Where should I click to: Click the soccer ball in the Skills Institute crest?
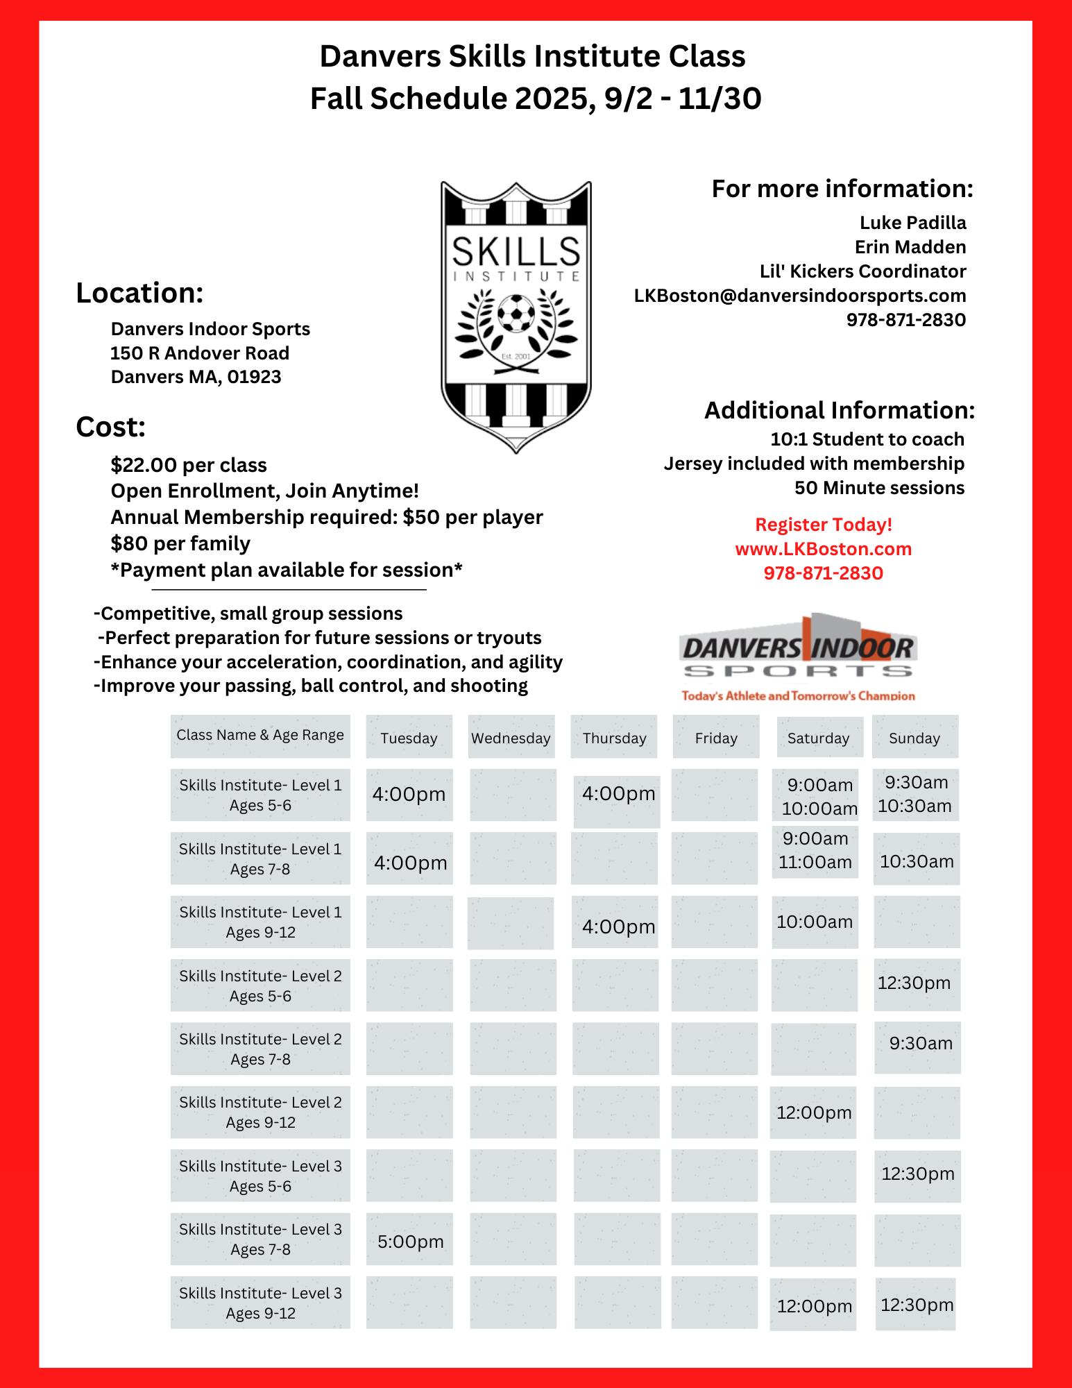click(x=516, y=314)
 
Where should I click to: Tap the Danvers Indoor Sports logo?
click(x=798, y=657)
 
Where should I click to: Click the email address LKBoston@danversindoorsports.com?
click(x=799, y=296)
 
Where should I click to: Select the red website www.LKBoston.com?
click(x=823, y=549)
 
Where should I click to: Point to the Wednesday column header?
click(x=511, y=738)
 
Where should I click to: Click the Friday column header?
click(x=716, y=738)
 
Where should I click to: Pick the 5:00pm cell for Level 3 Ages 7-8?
click(x=410, y=1241)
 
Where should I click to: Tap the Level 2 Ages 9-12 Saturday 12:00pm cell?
click(x=814, y=1112)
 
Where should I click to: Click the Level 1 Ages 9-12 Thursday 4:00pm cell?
click(x=618, y=926)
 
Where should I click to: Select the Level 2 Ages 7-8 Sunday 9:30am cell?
click(x=920, y=1043)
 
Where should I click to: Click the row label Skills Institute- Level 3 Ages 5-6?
click(x=260, y=1176)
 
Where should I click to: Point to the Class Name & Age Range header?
click(x=260, y=735)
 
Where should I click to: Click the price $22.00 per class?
click(x=189, y=465)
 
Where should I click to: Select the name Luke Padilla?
click(x=912, y=223)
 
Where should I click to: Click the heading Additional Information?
click(x=840, y=410)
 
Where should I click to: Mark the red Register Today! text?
click(x=823, y=525)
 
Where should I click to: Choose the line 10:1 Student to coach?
click(x=867, y=439)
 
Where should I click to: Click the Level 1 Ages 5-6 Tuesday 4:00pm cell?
click(x=409, y=794)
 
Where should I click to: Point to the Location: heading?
click(x=139, y=293)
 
